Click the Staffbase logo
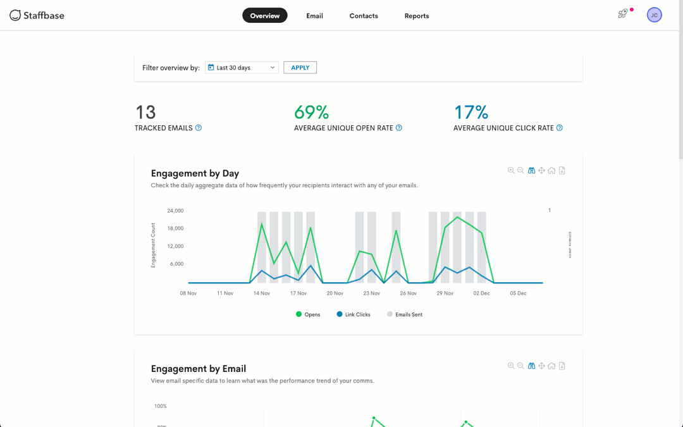[x=37, y=15]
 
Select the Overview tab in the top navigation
[x=264, y=16]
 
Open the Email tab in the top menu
[x=314, y=16]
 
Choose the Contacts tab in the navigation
[x=364, y=16]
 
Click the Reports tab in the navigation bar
[x=417, y=16]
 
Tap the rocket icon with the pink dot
[x=623, y=14]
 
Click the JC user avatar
[x=654, y=15]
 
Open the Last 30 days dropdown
[x=242, y=68]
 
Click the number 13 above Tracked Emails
[x=145, y=112]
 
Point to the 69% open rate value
[x=311, y=112]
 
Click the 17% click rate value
[x=471, y=112]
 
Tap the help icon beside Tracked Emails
[x=199, y=128]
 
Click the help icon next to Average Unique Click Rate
[x=559, y=128]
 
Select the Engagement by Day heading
[x=195, y=173]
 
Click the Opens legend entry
[x=308, y=314]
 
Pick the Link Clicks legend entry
[x=354, y=314]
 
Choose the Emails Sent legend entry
[x=405, y=314]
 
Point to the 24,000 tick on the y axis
[x=175, y=211]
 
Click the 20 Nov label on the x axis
[x=335, y=294]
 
